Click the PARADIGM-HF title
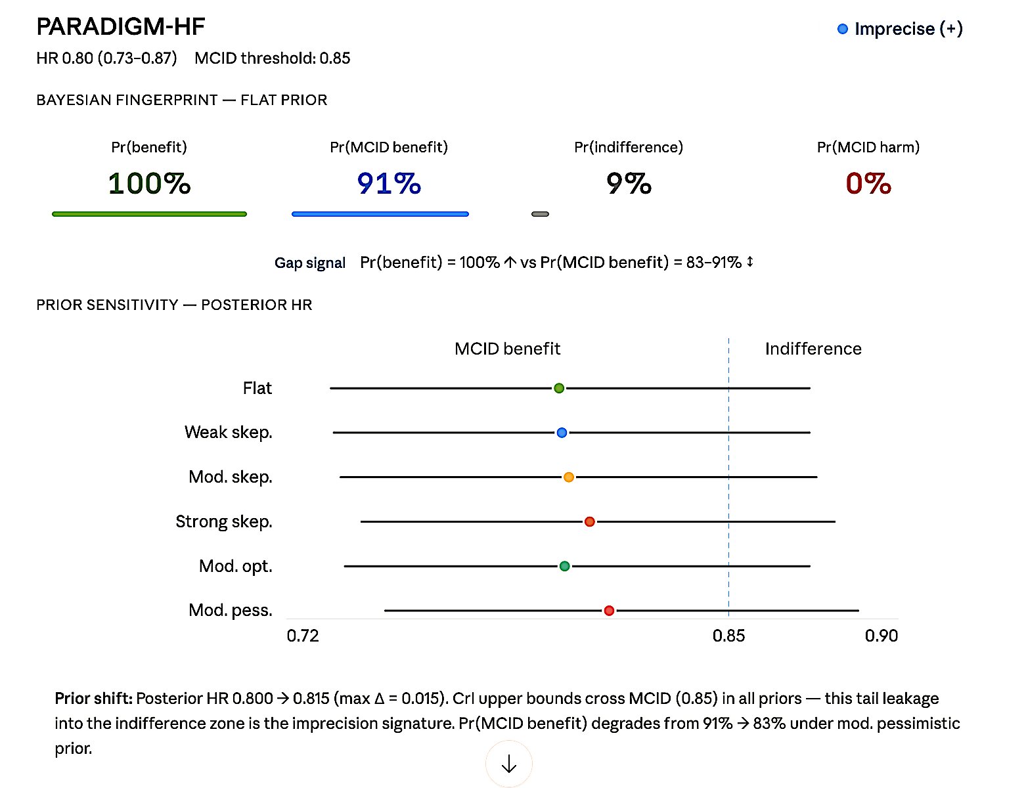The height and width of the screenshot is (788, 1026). point(121,27)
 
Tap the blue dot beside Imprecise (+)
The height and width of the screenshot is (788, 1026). point(843,29)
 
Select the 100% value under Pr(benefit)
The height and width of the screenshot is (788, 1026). point(149,183)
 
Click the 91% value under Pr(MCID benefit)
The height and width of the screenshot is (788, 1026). point(389,183)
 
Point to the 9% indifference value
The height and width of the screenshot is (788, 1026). point(629,183)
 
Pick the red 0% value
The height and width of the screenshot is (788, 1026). point(868,183)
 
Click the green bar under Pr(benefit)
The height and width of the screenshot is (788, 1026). point(149,214)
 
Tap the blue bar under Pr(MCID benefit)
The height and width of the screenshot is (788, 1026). point(380,214)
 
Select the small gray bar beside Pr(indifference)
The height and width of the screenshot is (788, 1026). point(540,214)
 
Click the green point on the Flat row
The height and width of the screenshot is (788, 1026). point(559,388)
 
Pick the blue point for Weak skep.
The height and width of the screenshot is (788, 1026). point(562,433)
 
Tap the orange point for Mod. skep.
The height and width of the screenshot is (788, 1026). point(569,477)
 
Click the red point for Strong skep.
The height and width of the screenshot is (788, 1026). point(590,521)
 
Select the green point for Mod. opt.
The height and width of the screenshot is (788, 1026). point(564,566)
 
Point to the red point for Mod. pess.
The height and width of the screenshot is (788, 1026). point(609,611)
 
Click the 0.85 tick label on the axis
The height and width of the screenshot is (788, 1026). point(728,636)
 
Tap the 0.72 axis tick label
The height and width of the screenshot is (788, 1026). point(303,636)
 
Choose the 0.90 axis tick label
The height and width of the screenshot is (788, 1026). point(881,636)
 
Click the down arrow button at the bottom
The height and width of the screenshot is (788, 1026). point(509,764)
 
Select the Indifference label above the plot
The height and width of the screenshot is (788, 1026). point(813,349)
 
